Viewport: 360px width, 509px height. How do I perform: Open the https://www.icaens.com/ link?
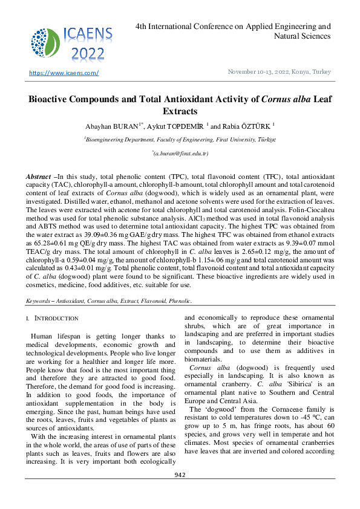[x=64, y=73]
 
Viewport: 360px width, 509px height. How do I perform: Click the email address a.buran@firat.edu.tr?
[x=180, y=155]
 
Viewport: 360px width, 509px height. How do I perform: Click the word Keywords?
[x=38, y=300]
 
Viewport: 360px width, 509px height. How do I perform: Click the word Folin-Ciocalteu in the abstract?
[x=311, y=209]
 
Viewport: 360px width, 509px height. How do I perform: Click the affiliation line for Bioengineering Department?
[x=180, y=139]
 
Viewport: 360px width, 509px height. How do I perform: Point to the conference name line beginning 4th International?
[x=233, y=27]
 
